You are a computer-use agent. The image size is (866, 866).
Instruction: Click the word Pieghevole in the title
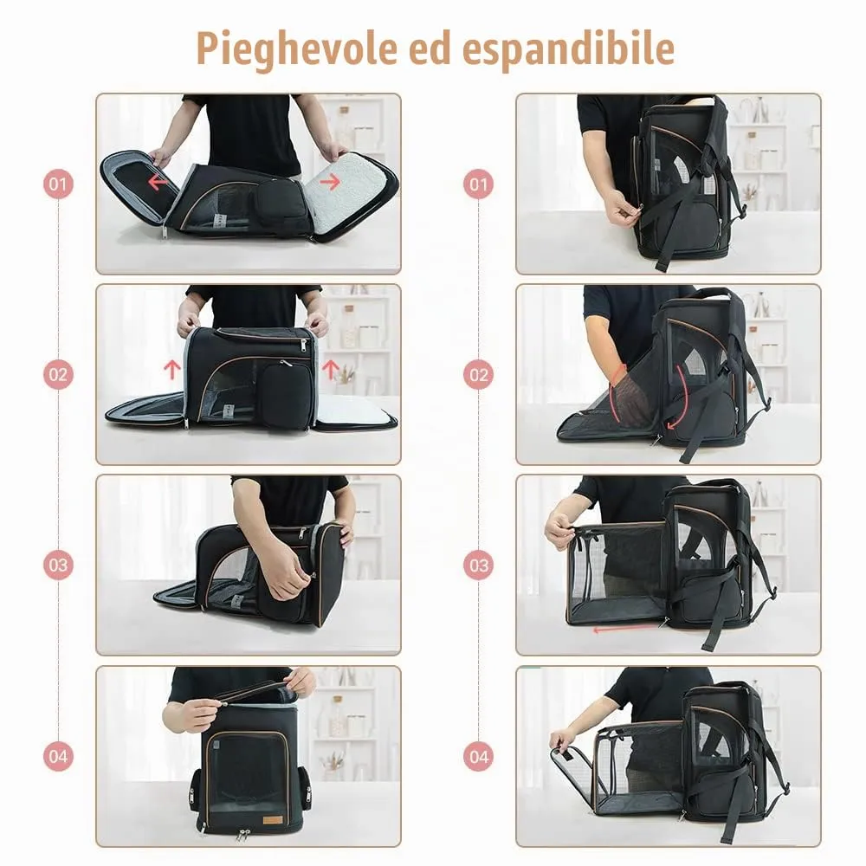[x=296, y=48]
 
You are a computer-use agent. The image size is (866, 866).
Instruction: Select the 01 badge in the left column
[x=58, y=184]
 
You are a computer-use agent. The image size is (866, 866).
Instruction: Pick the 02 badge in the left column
[x=58, y=374]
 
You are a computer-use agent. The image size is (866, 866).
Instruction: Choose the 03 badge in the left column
[x=58, y=565]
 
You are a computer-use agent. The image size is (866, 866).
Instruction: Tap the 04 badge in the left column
[x=58, y=756]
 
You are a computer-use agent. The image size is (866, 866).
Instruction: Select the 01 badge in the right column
[x=478, y=184]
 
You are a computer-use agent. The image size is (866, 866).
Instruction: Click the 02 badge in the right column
[x=478, y=374]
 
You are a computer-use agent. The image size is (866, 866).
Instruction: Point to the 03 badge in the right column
[x=478, y=565]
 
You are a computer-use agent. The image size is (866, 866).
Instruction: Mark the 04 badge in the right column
[x=478, y=756]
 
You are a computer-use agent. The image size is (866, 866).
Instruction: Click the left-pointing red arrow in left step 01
[x=158, y=181]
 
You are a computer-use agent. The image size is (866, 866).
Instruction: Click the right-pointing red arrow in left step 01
[x=330, y=181]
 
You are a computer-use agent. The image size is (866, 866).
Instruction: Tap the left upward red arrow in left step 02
[x=172, y=369]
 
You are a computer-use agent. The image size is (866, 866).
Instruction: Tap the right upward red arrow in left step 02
[x=330, y=369]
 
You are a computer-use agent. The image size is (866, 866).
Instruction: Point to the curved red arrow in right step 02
[x=680, y=397]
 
